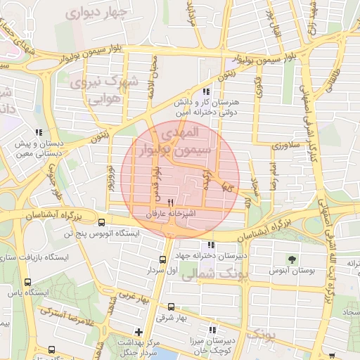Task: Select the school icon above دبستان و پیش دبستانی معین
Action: (x=39, y=132)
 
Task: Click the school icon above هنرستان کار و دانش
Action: (x=205, y=92)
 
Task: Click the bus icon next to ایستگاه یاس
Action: (x=27, y=282)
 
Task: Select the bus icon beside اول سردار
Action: (x=162, y=259)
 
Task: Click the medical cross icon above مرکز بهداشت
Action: (x=139, y=331)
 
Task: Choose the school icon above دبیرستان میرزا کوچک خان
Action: (x=213, y=329)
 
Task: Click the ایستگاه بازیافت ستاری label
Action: (x=35, y=258)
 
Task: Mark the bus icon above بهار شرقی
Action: (x=172, y=307)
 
